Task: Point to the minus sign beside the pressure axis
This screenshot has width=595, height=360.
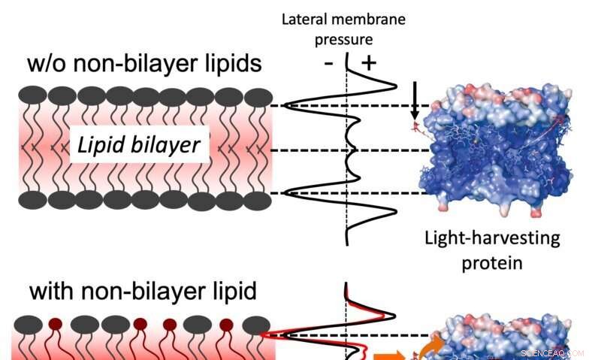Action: (328, 63)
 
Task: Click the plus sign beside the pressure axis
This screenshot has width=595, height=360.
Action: (368, 63)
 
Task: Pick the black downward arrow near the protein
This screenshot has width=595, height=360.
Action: (414, 101)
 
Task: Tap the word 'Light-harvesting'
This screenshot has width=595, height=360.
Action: (492, 239)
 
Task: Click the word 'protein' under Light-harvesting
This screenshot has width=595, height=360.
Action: (492, 265)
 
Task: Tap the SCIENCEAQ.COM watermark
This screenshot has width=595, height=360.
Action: (551, 352)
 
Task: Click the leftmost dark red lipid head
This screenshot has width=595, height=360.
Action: (54, 325)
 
